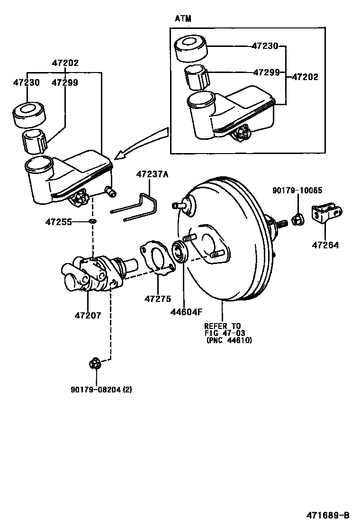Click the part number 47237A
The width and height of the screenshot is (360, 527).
(x=152, y=175)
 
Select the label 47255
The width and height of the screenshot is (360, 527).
(x=58, y=221)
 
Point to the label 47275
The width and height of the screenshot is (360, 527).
(x=158, y=299)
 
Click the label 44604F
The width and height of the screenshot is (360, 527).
(x=186, y=311)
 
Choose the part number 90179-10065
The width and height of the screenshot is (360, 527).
(x=297, y=191)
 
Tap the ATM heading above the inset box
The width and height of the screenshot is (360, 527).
(x=183, y=18)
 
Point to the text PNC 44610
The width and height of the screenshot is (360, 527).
(x=229, y=340)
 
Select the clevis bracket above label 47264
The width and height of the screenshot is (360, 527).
(x=327, y=215)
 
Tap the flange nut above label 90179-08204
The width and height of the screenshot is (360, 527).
(x=95, y=364)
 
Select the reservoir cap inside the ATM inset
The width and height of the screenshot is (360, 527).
(x=191, y=47)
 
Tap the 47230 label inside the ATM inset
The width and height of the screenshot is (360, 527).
(x=265, y=46)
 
